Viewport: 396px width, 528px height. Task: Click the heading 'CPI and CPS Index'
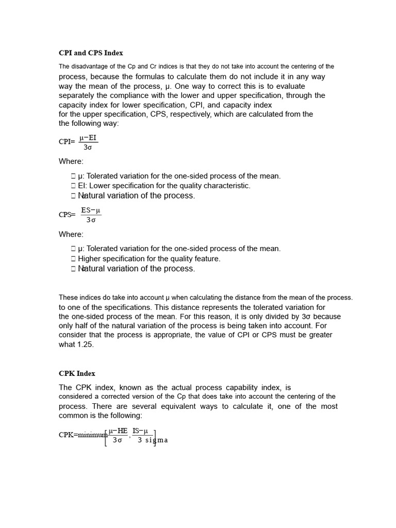(x=91, y=53)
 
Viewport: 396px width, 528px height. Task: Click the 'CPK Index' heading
(x=77, y=373)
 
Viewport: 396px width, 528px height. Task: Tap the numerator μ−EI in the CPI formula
(x=88, y=138)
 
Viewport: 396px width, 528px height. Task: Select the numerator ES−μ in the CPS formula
(x=91, y=210)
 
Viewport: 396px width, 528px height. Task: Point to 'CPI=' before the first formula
(x=67, y=142)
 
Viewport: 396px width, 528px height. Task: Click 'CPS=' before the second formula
(x=67, y=214)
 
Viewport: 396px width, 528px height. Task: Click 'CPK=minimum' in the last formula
(x=82, y=435)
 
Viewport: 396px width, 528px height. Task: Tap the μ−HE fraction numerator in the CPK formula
(x=118, y=431)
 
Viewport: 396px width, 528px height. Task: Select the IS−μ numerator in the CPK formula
(x=140, y=431)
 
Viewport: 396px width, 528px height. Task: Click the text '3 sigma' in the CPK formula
(x=153, y=440)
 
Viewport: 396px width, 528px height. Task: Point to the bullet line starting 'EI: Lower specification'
(x=164, y=186)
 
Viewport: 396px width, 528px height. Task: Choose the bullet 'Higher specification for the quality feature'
(x=149, y=259)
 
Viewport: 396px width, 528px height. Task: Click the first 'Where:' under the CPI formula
(x=71, y=161)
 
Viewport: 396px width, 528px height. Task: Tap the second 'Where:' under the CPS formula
(x=71, y=234)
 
